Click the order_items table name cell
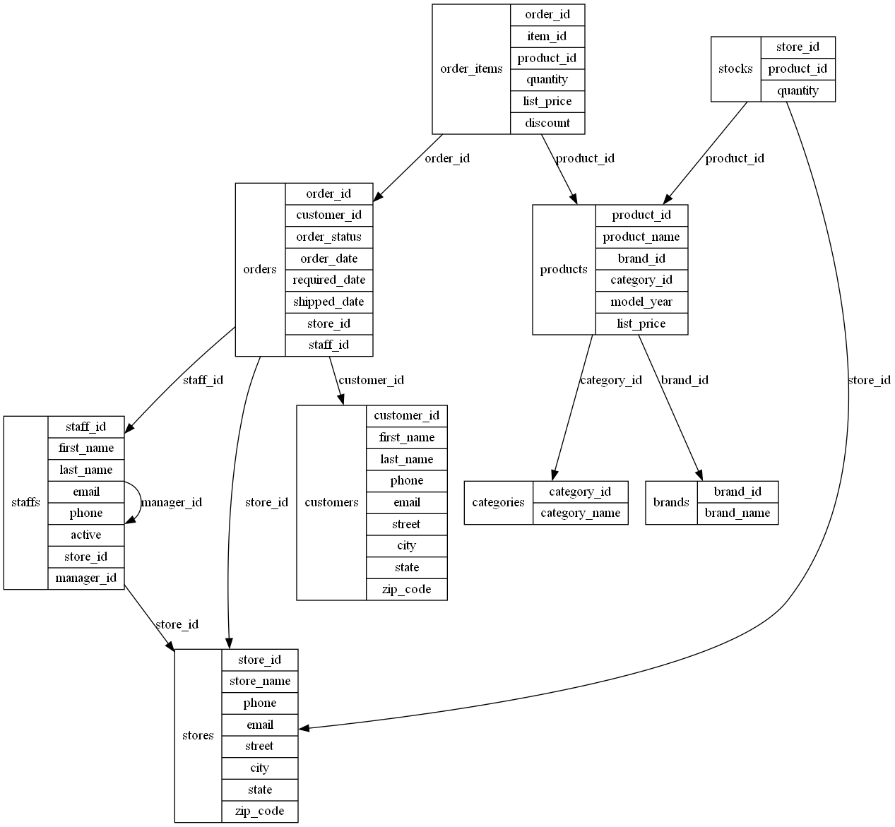(471, 69)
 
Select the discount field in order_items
(547, 123)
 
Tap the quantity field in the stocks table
(798, 90)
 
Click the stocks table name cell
(735, 69)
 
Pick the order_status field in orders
(328, 237)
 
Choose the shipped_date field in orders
(328, 302)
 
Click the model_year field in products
(641, 302)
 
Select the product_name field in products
(641, 237)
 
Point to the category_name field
(580, 513)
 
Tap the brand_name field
(737, 513)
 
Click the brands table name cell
(671, 502)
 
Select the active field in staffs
(86, 535)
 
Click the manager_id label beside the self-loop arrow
(172, 502)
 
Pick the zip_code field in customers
(406, 589)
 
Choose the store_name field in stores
(260, 681)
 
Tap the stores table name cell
(198, 735)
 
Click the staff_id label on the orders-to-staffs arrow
(203, 380)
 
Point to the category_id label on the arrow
(611, 380)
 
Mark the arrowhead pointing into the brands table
(699, 475)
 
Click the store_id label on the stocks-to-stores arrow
(869, 380)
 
